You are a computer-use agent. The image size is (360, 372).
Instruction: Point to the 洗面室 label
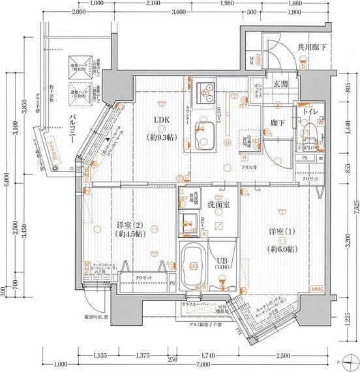click(x=218, y=205)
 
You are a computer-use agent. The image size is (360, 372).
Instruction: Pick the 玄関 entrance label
click(x=281, y=85)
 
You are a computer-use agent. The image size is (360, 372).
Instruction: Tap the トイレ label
click(x=309, y=112)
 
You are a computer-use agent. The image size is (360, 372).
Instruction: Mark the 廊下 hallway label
click(x=278, y=123)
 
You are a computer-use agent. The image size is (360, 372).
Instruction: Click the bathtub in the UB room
click(x=194, y=265)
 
